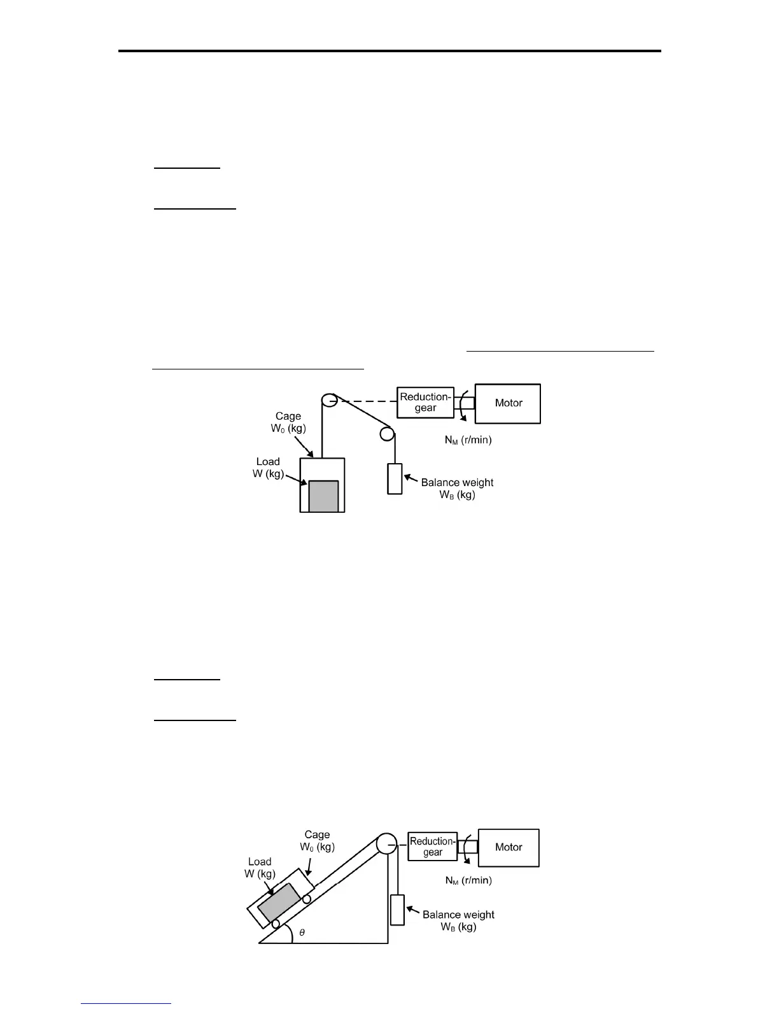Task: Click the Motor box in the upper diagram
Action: [508, 403]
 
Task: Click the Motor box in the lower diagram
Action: [509, 847]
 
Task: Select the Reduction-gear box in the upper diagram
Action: [425, 403]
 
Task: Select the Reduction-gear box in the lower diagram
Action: [432, 847]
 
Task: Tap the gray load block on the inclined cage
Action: [279, 899]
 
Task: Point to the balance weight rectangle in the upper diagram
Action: [395, 479]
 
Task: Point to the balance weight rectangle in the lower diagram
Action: [397, 910]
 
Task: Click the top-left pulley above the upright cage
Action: [329, 401]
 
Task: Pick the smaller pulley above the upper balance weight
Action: [387, 434]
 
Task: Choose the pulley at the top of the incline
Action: [386, 844]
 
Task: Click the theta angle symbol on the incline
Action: [302, 932]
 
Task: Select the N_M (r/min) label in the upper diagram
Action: [468, 440]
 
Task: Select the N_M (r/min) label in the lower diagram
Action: [468, 881]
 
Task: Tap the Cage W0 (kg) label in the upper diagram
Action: [288, 422]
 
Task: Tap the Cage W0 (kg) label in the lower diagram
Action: [317, 840]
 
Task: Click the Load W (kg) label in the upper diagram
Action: [268, 468]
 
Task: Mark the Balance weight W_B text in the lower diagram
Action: [458, 920]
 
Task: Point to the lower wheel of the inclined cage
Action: [275, 924]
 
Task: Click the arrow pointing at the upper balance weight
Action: [411, 479]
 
